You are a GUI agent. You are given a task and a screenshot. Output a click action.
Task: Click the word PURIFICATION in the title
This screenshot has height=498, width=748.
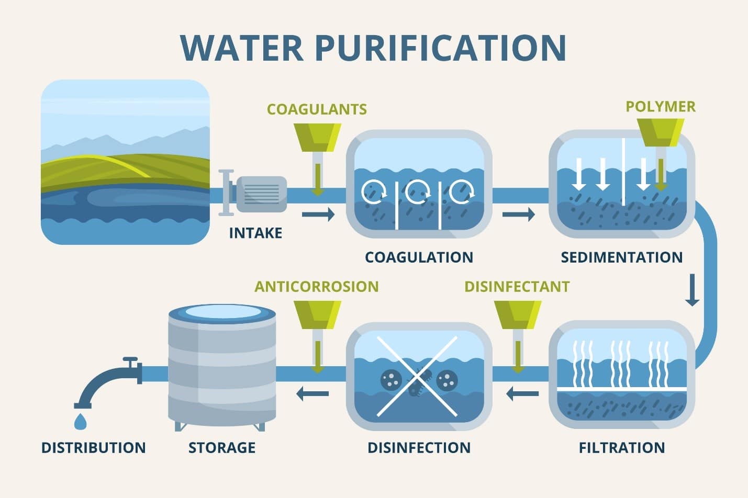pos(440,48)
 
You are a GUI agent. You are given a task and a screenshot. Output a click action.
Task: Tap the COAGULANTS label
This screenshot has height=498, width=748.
pos(317,109)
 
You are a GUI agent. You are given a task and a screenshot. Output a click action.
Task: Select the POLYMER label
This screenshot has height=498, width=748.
pos(661,107)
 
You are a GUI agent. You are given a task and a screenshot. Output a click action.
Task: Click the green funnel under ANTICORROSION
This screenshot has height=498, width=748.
pos(317,315)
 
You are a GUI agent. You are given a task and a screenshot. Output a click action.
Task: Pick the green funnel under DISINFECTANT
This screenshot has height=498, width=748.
pos(518,315)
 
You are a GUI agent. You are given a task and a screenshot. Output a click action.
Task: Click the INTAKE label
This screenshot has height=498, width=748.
pos(255,233)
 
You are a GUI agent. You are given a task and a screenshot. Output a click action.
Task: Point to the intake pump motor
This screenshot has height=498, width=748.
pos(262,194)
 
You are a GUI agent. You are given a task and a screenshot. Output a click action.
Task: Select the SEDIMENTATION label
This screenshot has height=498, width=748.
pos(622,257)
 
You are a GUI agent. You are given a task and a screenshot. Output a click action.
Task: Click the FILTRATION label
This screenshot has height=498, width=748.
pos(622,448)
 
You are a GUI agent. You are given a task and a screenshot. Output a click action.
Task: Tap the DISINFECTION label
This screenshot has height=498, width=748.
pos(419,448)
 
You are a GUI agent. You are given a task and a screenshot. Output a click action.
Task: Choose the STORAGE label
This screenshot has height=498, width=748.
pos(222,448)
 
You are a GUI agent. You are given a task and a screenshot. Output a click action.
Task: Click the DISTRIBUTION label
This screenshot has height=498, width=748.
pos(94,448)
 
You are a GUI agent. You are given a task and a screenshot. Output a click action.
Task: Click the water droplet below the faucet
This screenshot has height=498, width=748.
pos(80,422)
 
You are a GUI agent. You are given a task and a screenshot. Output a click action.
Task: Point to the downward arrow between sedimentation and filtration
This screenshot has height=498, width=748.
pos(692,290)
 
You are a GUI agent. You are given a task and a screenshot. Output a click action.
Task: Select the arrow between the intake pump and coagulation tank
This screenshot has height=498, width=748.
pos(318,214)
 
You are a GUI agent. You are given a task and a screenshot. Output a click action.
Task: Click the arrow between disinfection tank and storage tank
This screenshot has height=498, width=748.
pos(312,394)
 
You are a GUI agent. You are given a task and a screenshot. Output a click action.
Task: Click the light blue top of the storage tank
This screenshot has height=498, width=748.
pos(222,311)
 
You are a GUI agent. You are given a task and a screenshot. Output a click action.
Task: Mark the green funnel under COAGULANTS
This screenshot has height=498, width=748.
pos(317,138)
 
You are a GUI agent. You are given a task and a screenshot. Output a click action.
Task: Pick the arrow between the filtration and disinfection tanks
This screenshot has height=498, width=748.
pos(522,394)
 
